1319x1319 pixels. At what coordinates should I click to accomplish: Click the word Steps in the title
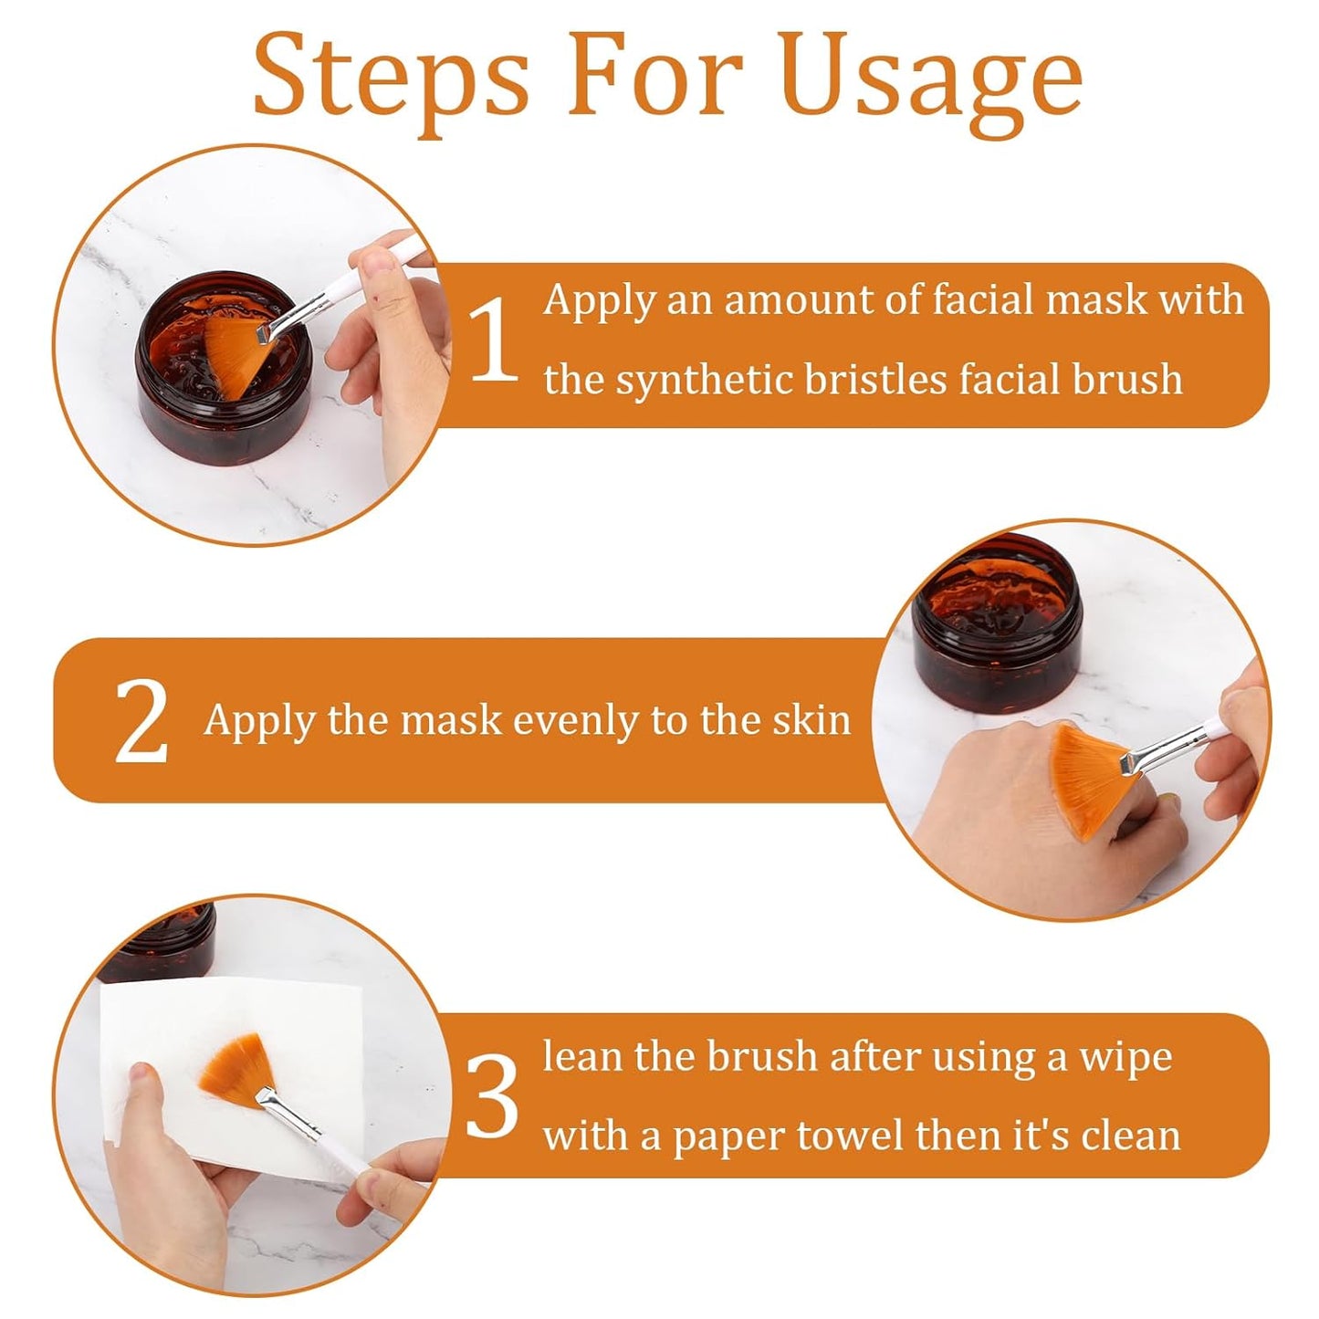coord(391,79)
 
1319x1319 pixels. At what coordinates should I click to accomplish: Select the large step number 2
coord(141,721)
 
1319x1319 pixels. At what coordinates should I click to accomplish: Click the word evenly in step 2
coord(574,722)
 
